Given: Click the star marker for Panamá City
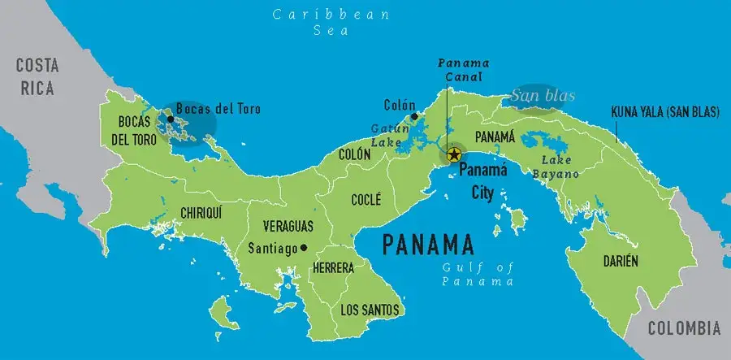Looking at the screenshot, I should (x=454, y=154).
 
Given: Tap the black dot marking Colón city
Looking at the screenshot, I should (x=414, y=117).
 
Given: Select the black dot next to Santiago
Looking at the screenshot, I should (x=304, y=247).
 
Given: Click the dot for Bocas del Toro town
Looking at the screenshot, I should (x=170, y=119).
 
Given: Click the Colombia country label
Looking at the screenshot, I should (x=684, y=328).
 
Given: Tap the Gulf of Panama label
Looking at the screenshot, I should (x=478, y=275).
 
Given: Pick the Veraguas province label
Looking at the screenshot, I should (x=288, y=227).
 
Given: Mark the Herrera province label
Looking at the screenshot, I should (x=333, y=267).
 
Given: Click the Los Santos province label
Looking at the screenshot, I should (x=370, y=310).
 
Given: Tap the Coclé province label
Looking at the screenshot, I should (x=366, y=198).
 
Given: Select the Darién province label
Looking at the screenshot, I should (x=620, y=261).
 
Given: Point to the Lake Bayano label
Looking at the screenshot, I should (x=556, y=167).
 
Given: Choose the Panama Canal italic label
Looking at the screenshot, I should (x=460, y=70).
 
